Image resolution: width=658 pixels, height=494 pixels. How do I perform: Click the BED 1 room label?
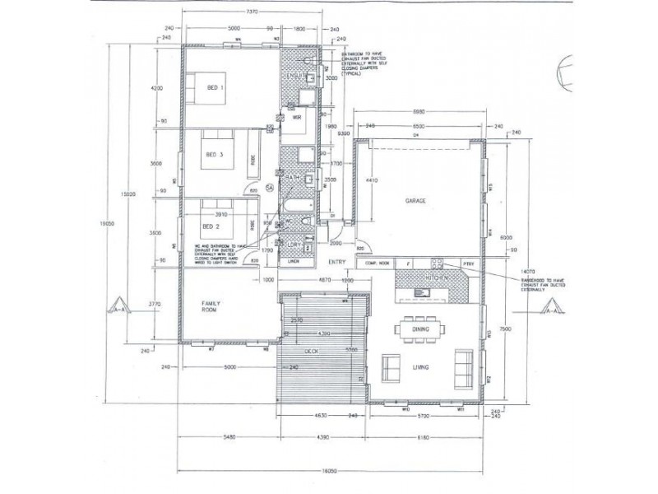(x=215, y=88)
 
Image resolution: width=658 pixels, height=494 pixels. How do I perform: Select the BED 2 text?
(x=211, y=226)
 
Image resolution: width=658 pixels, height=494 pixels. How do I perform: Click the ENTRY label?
(x=336, y=263)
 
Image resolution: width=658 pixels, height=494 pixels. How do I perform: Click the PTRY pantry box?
(x=469, y=263)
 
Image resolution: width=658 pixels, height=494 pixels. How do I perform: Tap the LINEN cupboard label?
(x=292, y=263)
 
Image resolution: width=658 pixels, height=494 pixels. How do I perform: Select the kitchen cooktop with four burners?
(x=438, y=263)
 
